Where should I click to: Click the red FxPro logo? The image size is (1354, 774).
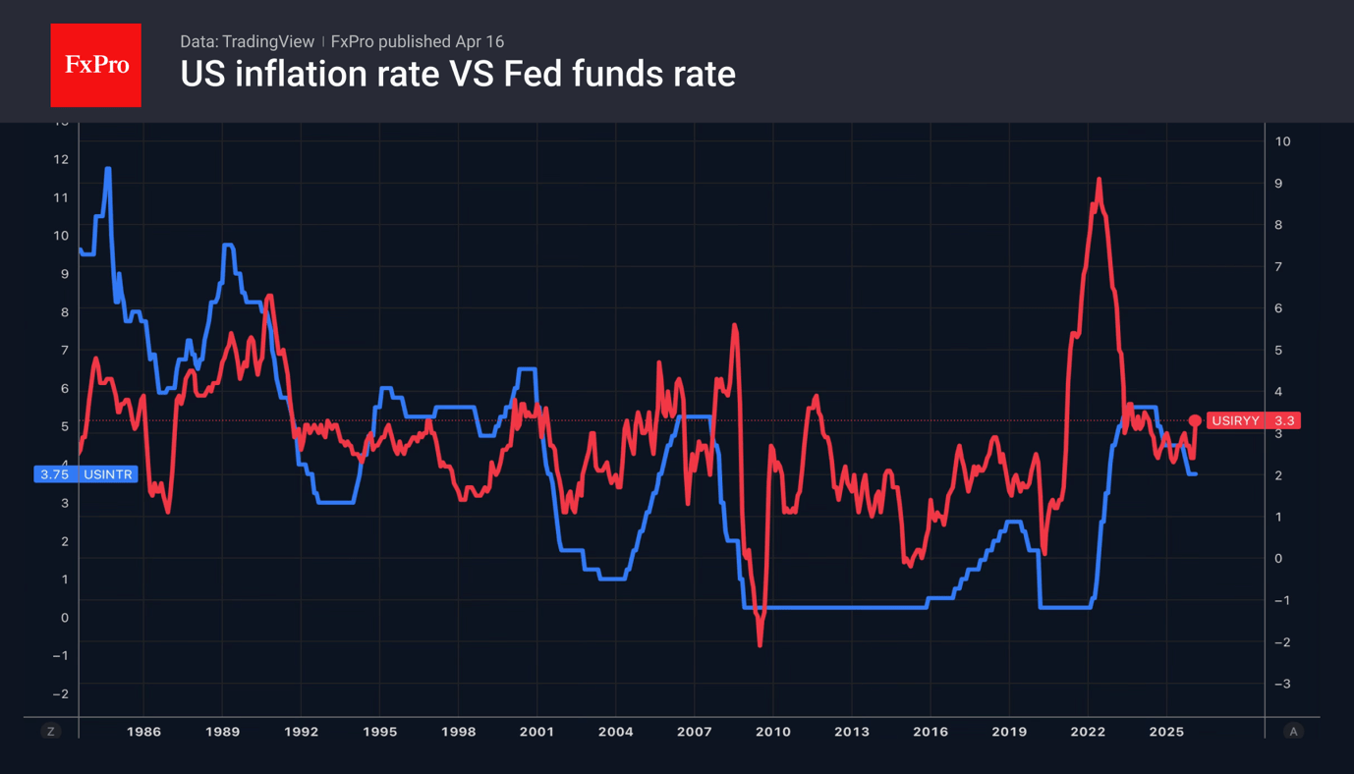pos(95,65)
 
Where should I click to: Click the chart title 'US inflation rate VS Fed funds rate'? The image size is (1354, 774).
pos(457,74)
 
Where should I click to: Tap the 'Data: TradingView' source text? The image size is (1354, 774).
pos(247,41)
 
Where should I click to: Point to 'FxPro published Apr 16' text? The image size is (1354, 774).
pos(418,41)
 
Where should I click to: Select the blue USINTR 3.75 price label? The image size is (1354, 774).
pos(85,474)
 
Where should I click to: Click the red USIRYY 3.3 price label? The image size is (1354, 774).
pos(1253,420)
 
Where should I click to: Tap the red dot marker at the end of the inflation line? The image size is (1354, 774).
pos(1195,420)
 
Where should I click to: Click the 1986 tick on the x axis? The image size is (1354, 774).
pos(143,732)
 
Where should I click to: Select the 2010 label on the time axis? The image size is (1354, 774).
pos(772,732)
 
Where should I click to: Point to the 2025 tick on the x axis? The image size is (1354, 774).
pos(1166,732)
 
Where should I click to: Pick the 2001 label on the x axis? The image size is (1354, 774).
pos(536,732)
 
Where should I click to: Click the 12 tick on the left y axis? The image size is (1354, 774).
pos(61,159)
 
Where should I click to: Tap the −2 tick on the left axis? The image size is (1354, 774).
pos(60,693)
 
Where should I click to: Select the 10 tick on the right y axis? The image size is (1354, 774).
pos(1282,141)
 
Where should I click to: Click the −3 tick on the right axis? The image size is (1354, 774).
pos(1281,684)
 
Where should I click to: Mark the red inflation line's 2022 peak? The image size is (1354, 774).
pos(1099,180)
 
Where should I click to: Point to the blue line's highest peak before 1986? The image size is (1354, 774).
pos(108,169)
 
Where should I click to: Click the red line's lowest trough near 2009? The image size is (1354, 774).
pos(760,644)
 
